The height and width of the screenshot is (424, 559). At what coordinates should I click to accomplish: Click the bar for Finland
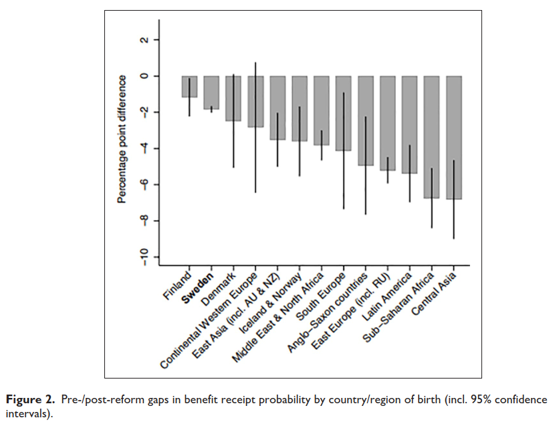(189, 87)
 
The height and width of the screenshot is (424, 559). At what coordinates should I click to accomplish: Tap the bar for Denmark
(233, 98)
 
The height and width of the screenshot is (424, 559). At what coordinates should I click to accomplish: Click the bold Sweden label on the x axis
(199, 286)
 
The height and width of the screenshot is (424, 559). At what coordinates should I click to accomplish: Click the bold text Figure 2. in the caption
(30, 399)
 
